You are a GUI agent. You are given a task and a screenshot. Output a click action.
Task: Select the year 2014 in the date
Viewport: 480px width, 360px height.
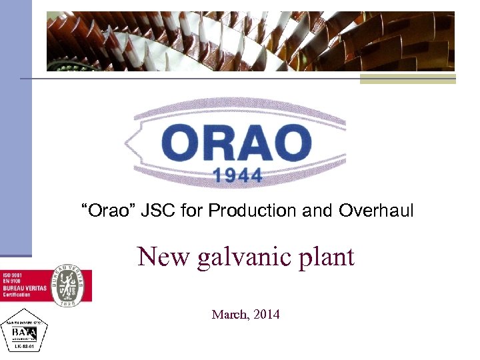(x=266, y=313)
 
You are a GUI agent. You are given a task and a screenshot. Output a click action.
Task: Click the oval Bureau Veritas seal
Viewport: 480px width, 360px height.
(x=69, y=285)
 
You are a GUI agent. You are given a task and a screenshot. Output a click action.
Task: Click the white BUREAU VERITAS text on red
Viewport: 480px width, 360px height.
(x=25, y=288)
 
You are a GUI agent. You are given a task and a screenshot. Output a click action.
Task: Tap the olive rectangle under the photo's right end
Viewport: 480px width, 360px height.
(x=407, y=79)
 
